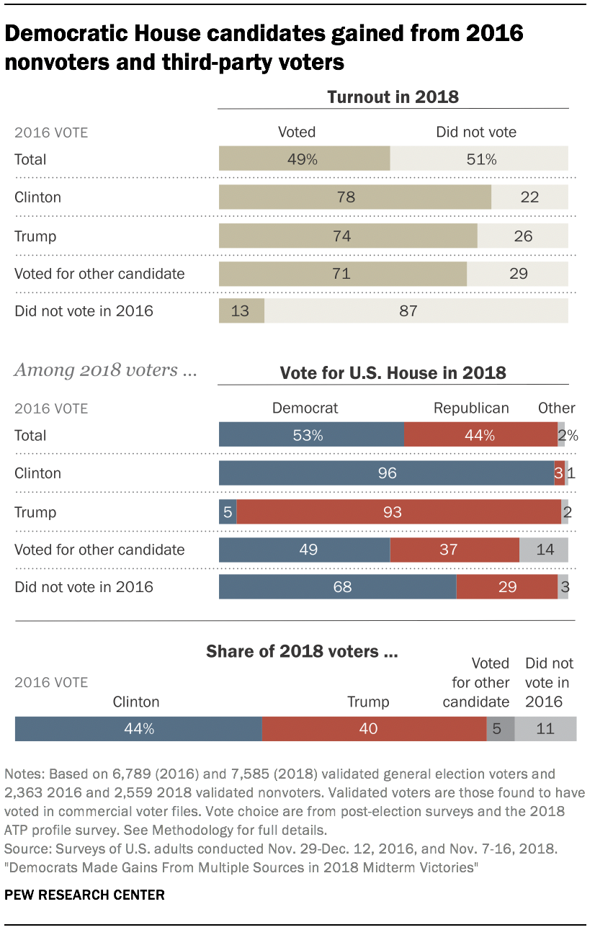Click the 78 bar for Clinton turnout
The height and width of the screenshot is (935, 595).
[x=354, y=197]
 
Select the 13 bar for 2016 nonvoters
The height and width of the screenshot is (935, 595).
[x=241, y=311]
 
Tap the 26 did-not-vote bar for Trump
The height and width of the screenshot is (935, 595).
[x=523, y=236]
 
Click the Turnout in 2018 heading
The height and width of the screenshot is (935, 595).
[x=393, y=97]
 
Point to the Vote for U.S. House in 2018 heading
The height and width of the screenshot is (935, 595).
[x=393, y=372]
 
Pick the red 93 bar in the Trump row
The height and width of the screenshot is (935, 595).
[x=398, y=512]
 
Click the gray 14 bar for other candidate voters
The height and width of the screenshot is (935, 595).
[x=544, y=550]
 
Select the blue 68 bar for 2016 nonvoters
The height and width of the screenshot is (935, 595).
[x=337, y=587]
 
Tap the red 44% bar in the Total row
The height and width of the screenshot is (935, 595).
[x=480, y=435]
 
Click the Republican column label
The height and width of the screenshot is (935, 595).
[x=471, y=408]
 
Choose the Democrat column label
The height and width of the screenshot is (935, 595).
[x=305, y=408]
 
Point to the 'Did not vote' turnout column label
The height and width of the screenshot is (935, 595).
[x=476, y=132]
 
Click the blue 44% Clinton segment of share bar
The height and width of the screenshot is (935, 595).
[x=138, y=728]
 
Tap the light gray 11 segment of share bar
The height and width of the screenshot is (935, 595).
[x=545, y=728]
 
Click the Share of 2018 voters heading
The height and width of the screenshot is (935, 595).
[x=303, y=651]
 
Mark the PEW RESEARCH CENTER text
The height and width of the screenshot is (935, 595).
[x=85, y=895]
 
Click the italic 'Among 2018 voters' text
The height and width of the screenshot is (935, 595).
[x=105, y=370]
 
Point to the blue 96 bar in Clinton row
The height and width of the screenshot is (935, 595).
[x=386, y=473]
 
